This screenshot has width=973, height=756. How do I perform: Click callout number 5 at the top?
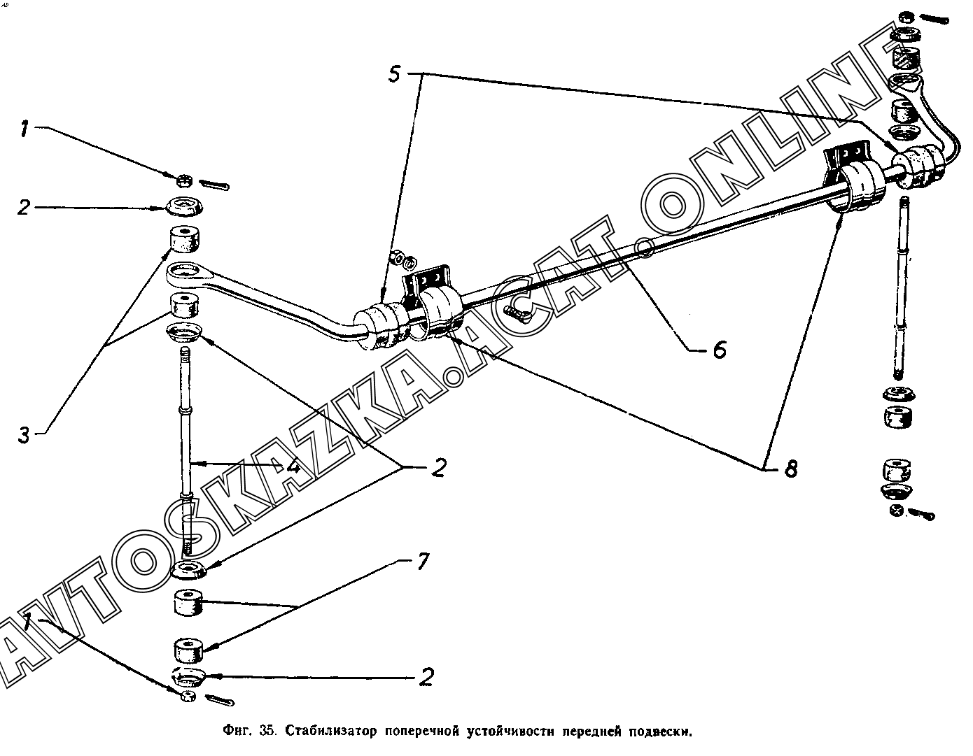pos(394,73)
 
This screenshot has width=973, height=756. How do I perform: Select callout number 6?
pos(719,348)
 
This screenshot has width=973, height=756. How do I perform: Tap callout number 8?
pos(790,468)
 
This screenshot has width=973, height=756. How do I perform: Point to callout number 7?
pos(422,562)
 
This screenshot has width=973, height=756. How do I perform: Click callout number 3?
pos(24,435)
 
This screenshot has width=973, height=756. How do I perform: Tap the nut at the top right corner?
pos(905,16)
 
